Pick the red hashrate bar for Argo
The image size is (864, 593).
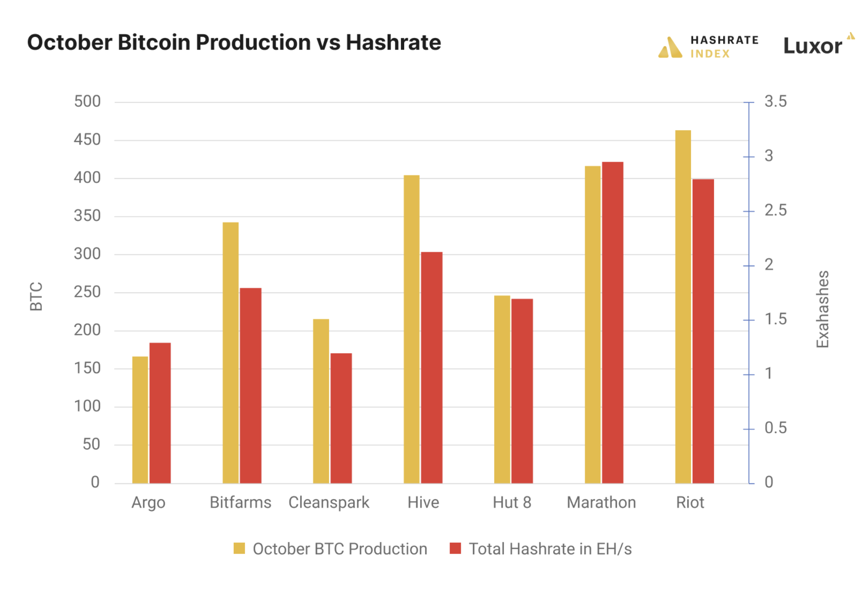(160, 413)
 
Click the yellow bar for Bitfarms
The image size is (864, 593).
(230, 352)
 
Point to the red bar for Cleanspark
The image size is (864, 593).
(341, 418)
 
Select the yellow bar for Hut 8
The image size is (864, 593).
(501, 389)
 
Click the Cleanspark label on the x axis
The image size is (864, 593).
(329, 502)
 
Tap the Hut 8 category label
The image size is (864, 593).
(512, 502)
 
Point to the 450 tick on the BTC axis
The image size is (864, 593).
(87, 140)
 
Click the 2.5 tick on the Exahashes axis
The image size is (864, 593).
(775, 210)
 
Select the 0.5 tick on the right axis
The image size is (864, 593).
(775, 428)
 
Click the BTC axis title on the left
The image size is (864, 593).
(36, 296)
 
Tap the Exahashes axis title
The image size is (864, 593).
(822, 309)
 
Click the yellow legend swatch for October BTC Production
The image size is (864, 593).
(239, 548)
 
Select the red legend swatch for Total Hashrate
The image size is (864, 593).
(455, 548)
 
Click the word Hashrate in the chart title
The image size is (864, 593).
(393, 43)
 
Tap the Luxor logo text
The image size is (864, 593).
(812, 46)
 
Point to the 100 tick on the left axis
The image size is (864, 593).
(87, 406)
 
